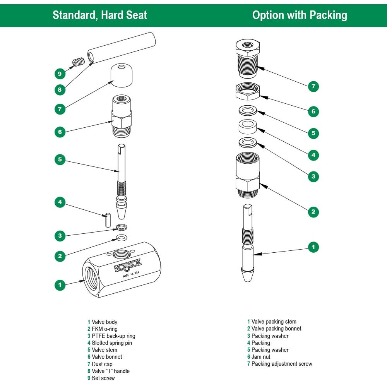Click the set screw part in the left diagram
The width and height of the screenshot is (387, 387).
click(x=79, y=62)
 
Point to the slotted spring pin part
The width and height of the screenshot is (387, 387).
click(x=108, y=220)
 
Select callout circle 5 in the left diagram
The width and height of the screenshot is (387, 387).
click(x=60, y=159)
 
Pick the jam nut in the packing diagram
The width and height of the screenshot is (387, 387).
click(x=247, y=91)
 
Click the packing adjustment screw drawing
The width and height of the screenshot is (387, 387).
click(x=247, y=58)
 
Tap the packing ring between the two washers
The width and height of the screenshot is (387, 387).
click(x=247, y=126)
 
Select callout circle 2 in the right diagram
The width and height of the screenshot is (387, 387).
click(x=313, y=211)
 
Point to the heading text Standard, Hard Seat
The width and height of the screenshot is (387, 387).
click(x=100, y=15)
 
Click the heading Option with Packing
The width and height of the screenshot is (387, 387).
click(x=300, y=15)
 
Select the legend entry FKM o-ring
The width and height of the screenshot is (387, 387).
click(x=104, y=329)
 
